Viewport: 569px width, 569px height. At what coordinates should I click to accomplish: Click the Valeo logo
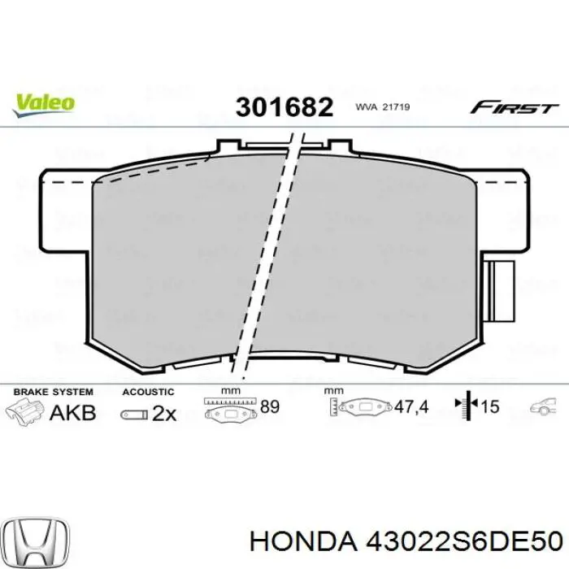44,102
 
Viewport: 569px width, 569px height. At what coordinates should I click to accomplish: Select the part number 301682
284,106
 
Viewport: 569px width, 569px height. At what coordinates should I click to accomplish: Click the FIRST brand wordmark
515,107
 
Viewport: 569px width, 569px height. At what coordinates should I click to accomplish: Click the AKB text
73,412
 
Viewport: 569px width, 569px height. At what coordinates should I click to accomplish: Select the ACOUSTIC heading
148,392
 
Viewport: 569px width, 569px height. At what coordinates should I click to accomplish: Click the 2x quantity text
163,413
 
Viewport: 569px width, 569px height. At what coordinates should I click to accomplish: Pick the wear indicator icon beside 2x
132,414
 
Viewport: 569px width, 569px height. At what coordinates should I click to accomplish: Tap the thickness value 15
489,406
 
